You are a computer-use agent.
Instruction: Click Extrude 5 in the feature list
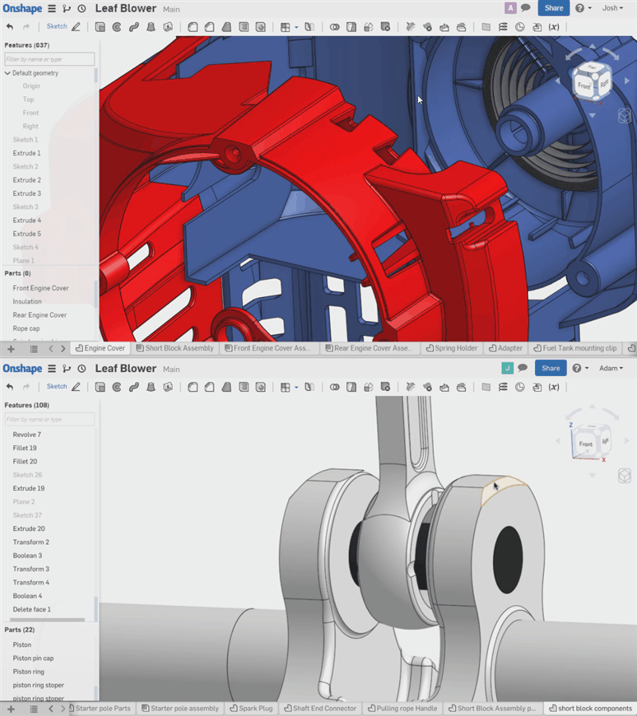pyautogui.click(x=26, y=233)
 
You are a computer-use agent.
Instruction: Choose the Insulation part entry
pyautogui.click(x=27, y=301)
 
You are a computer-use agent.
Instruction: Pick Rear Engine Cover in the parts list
pyautogui.click(x=40, y=315)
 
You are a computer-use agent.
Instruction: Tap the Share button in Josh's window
pyautogui.click(x=553, y=8)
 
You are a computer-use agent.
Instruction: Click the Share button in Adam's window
pyautogui.click(x=551, y=368)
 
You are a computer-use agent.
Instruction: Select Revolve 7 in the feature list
pyautogui.click(x=26, y=435)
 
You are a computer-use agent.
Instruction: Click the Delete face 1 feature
pyautogui.click(x=32, y=609)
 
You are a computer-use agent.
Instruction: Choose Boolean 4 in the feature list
pyautogui.click(x=27, y=596)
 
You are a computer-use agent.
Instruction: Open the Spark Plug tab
pyautogui.click(x=254, y=708)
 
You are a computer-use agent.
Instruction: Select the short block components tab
pyautogui.click(x=593, y=708)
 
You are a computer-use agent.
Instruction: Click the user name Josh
pyautogui.click(x=609, y=8)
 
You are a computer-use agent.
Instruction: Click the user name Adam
pyautogui.click(x=608, y=368)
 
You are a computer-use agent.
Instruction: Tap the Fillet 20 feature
pyautogui.click(x=25, y=461)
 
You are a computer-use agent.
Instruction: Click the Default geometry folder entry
pyautogui.click(x=35, y=72)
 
